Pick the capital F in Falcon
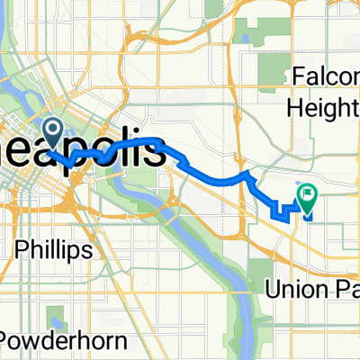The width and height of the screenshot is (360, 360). pos(298,78)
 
